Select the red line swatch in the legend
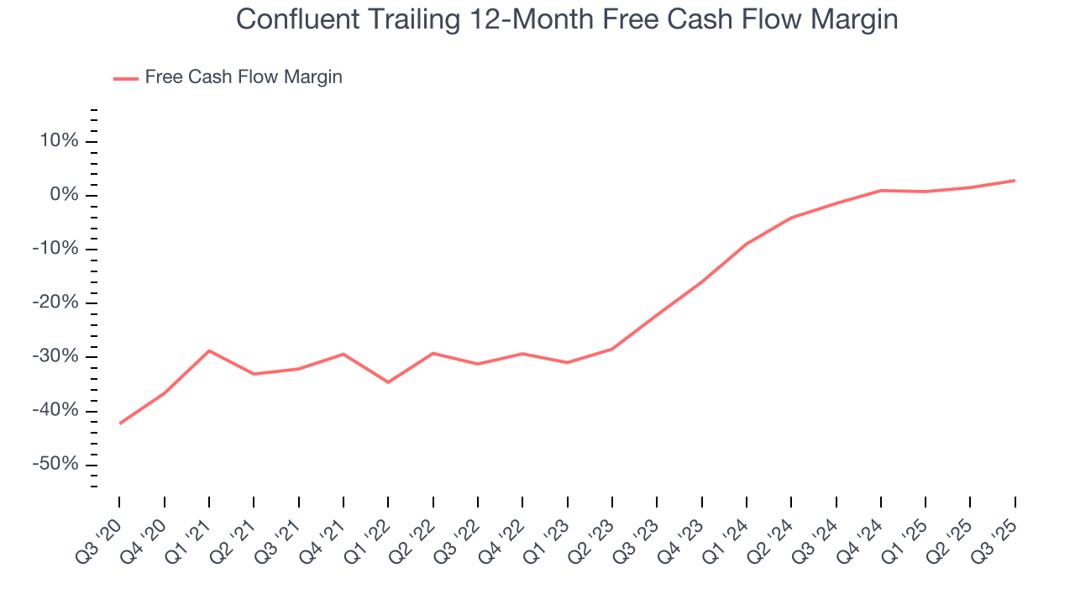coord(126,78)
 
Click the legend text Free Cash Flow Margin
coord(244,77)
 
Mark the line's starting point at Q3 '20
coord(119,423)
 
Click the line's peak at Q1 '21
coord(209,350)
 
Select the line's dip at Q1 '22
coord(388,382)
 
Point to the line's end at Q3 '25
coord(1015,181)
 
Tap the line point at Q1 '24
coord(747,244)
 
